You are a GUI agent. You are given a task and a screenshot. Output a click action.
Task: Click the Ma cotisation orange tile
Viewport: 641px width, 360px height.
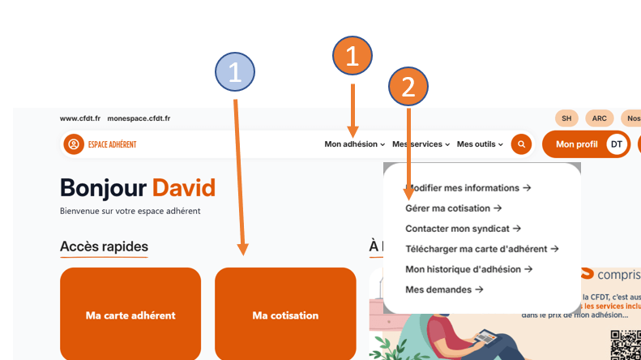point(285,315)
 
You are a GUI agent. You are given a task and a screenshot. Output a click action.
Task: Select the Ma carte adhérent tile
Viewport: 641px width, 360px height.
point(130,315)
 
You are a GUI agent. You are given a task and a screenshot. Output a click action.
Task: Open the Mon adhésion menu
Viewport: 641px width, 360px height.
point(354,144)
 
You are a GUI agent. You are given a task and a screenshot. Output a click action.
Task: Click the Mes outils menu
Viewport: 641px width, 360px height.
point(480,144)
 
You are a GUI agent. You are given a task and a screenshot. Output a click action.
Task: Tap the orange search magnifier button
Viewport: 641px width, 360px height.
point(521,144)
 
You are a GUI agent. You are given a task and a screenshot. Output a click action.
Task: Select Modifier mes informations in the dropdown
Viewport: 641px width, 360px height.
point(468,188)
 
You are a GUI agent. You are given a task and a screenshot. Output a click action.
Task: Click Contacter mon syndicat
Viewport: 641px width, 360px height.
point(463,229)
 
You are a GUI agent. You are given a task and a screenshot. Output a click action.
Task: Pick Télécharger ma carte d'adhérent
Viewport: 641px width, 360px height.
point(482,249)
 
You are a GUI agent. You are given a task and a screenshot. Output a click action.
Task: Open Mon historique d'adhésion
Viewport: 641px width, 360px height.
point(468,269)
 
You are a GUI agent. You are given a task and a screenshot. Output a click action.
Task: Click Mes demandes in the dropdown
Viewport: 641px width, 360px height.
point(444,289)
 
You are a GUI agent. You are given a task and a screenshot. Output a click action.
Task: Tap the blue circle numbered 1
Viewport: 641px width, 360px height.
point(235,73)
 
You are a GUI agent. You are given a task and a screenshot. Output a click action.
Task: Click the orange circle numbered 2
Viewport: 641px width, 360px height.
point(408,86)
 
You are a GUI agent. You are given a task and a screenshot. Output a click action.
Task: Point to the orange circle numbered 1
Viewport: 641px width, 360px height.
point(353,56)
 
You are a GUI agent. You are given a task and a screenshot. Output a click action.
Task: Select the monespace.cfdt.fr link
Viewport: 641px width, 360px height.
point(139,118)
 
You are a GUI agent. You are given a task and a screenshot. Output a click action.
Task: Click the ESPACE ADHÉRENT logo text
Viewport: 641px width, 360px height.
point(112,144)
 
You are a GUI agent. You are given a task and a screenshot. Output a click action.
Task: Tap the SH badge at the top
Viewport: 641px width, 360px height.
point(566,118)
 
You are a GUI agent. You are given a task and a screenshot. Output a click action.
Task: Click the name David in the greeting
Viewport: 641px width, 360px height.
point(184,189)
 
